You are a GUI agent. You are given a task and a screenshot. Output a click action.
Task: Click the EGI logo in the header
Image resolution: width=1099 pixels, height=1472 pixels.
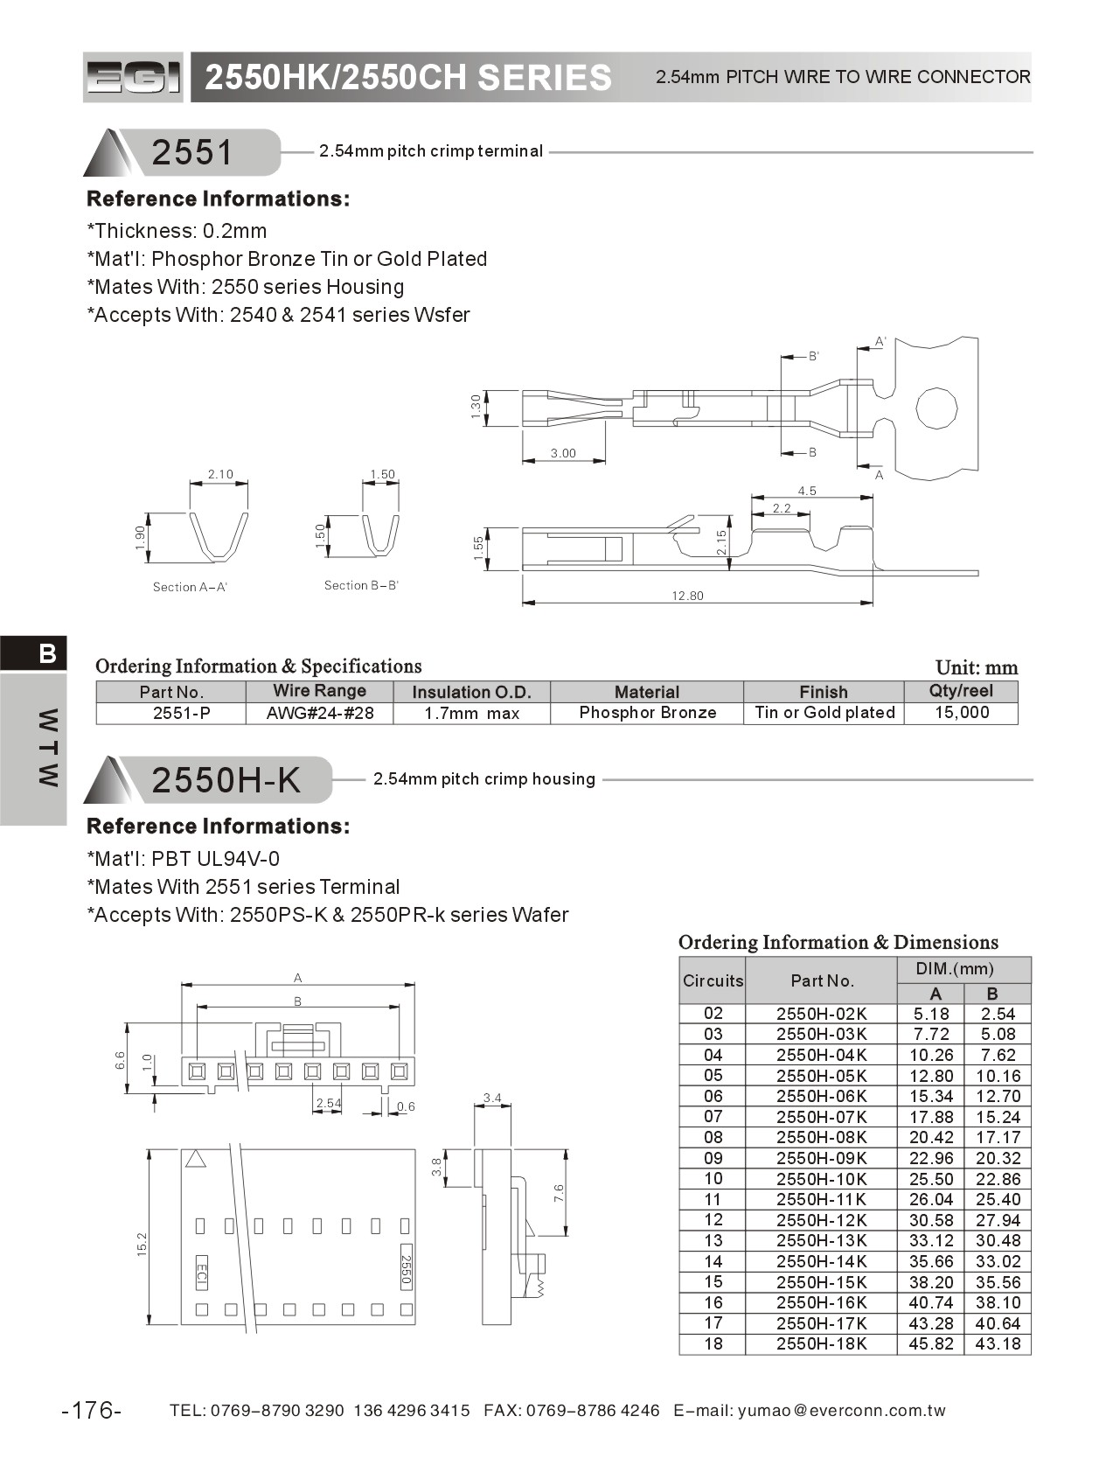[x=133, y=78]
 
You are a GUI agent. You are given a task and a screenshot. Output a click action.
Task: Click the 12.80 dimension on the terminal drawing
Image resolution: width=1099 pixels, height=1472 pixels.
[x=687, y=596]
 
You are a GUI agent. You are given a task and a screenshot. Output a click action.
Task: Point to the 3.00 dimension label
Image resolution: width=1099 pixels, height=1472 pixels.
[x=563, y=453]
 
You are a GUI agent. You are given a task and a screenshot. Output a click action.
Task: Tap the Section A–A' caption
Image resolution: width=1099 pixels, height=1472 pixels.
[x=190, y=587]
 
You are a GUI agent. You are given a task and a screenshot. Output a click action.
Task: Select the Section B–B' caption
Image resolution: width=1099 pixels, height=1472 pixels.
[x=361, y=585]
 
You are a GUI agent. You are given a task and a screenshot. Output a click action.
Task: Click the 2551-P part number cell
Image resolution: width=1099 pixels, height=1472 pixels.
[x=181, y=713]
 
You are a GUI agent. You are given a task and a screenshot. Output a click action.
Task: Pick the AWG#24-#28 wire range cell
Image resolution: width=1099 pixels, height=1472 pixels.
[x=320, y=713]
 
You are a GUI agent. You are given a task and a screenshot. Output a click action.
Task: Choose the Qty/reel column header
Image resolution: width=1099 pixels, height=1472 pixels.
[x=960, y=691]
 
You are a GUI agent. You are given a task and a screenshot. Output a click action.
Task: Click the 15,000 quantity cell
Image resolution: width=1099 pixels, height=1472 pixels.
[x=962, y=713]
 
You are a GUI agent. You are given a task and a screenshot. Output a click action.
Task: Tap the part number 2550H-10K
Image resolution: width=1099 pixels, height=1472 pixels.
[x=821, y=1179]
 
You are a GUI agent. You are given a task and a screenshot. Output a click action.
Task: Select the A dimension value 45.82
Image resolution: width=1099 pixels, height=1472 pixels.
[x=930, y=1344]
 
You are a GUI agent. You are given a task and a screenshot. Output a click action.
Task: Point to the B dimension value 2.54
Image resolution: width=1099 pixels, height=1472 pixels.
[x=998, y=1015]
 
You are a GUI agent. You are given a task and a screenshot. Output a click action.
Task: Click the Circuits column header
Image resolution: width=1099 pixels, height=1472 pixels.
[x=713, y=980]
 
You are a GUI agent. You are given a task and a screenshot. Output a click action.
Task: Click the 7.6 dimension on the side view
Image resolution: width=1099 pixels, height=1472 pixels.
[x=559, y=1193]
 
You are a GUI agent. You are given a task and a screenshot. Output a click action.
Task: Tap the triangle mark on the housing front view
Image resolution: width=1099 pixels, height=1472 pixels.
[x=196, y=1159]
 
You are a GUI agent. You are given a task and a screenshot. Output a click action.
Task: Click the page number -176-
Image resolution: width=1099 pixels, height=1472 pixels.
[x=92, y=1410]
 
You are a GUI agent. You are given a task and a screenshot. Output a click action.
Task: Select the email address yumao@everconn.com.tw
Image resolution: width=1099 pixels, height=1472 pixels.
[x=841, y=1410]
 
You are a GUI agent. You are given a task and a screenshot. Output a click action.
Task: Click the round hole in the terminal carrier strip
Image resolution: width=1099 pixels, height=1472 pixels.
[x=936, y=408]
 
